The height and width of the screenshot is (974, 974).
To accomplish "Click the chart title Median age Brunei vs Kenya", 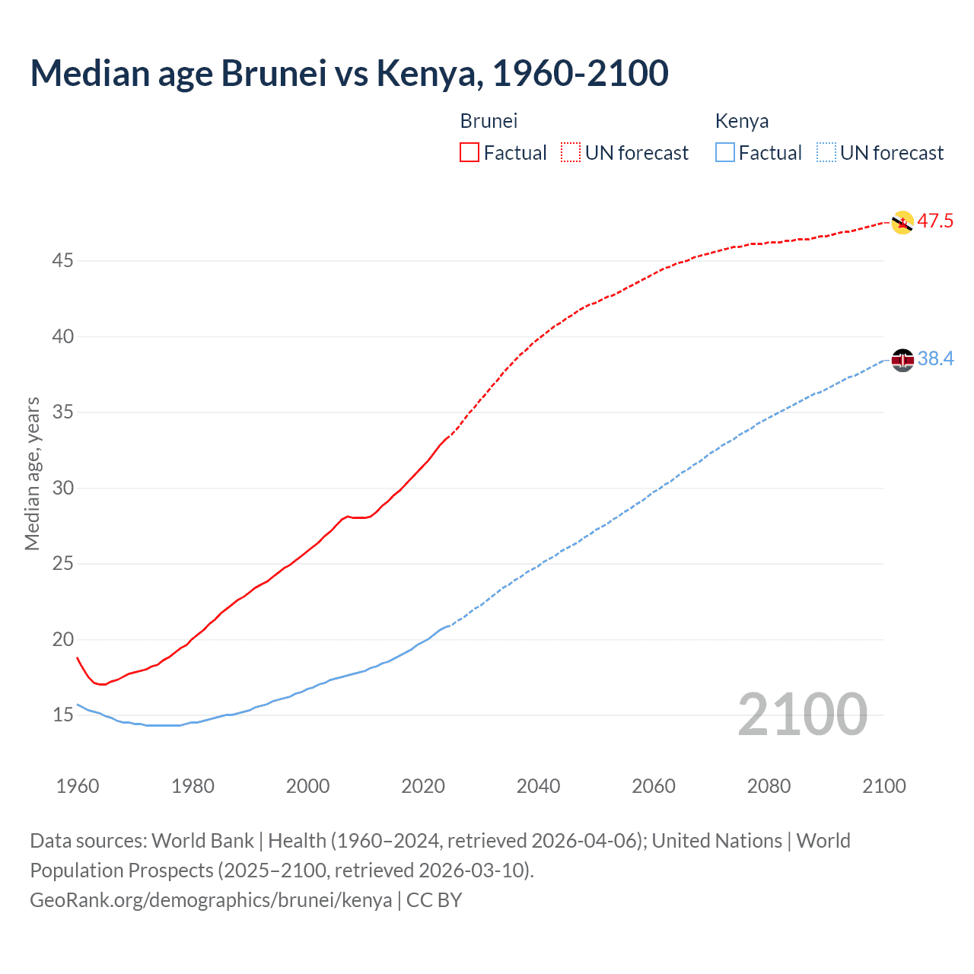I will [x=349, y=73].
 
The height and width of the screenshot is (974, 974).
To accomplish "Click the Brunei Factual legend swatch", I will [x=469, y=153].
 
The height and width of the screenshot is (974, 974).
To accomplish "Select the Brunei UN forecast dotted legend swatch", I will [x=571, y=153].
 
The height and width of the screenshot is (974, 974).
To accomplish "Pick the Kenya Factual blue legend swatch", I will [x=725, y=153].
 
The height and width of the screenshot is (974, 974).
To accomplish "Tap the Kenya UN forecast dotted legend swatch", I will [x=826, y=153].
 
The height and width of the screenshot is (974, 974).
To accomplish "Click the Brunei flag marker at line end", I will [x=902, y=222].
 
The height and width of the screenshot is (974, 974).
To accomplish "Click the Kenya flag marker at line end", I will [x=902, y=360].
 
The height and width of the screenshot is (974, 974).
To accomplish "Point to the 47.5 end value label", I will [x=935, y=221].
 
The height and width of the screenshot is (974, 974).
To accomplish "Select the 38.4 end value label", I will [x=935, y=358].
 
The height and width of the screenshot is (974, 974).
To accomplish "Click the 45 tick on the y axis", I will [x=62, y=261].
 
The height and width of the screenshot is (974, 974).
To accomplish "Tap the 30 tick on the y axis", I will [x=62, y=488].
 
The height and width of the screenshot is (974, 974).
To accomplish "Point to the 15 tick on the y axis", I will [x=62, y=715].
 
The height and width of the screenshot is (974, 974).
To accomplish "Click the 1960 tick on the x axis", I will [x=78, y=786].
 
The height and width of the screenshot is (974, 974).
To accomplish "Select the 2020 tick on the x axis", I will [x=423, y=786].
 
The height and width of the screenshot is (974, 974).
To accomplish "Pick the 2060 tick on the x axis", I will [x=654, y=786].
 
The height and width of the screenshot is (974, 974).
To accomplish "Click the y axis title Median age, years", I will [x=32, y=473].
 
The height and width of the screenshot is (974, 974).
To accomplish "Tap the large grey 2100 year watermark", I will [x=802, y=715].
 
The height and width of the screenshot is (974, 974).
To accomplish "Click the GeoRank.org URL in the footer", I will [x=211, y=900].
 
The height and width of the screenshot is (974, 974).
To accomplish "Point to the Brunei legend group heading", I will [x=489, y=121].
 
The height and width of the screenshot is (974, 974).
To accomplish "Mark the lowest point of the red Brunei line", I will [x=102, y=685].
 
